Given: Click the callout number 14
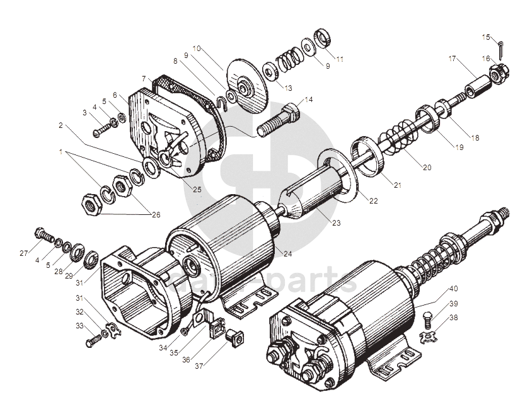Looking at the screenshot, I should pyautogui.click(x=308, y=100).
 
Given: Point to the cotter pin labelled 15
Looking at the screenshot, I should pyautogui.click(x=502, y=47).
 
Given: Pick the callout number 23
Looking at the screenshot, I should pyautogui.click(x=336, y=222).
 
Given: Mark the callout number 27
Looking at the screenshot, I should pyautogui.click(x=24, y=253).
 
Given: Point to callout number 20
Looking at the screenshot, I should pyautogui.click(x=427, y=168).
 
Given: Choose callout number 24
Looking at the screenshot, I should pyautogui.click(x=288, y=254).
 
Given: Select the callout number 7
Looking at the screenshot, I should pyautogui.click(x=144, y=79).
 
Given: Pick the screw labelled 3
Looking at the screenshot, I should pyautogui.click(x=101, y=130).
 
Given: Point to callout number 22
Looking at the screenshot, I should pyautogui.click(x=374, y=200).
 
